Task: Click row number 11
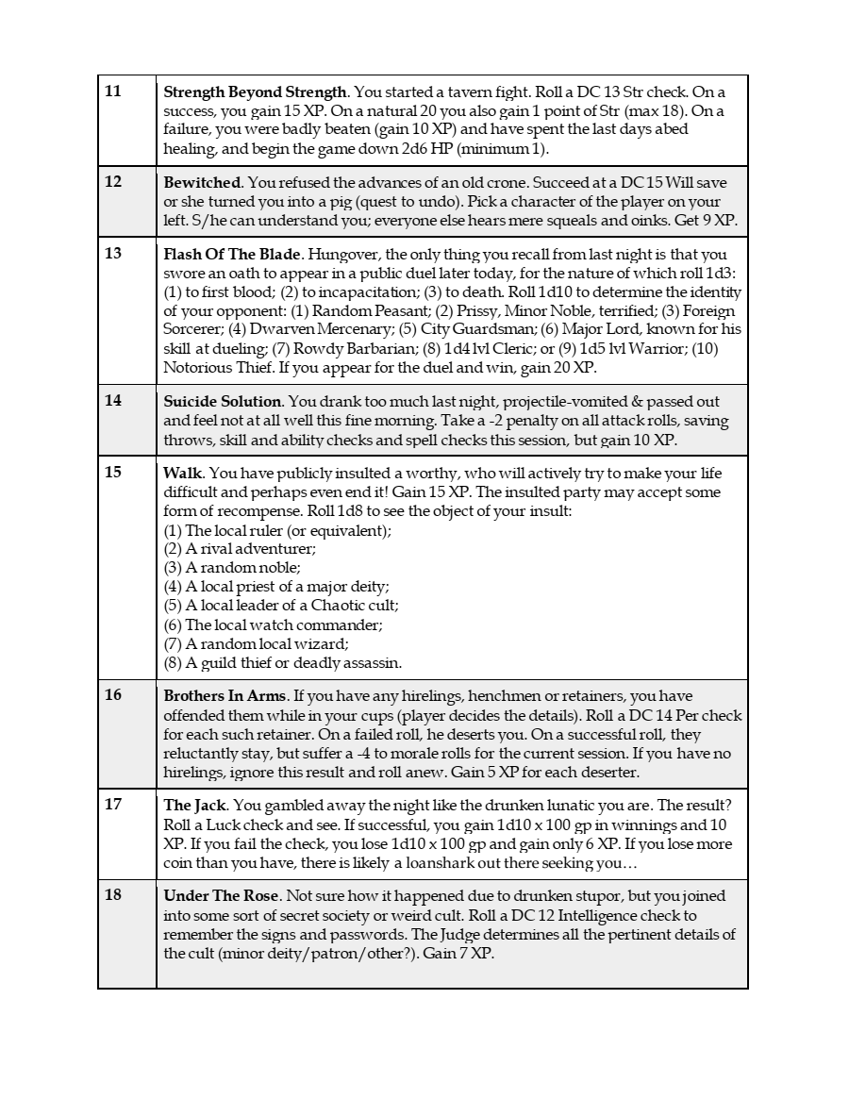point(113,92)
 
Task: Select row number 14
point(113,400)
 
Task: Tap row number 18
point(113,894)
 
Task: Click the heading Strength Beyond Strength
point(256,92)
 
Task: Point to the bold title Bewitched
point(202,183)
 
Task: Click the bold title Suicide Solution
point(223,402)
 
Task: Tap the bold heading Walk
point(183,474)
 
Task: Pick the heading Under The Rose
point(221,896)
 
